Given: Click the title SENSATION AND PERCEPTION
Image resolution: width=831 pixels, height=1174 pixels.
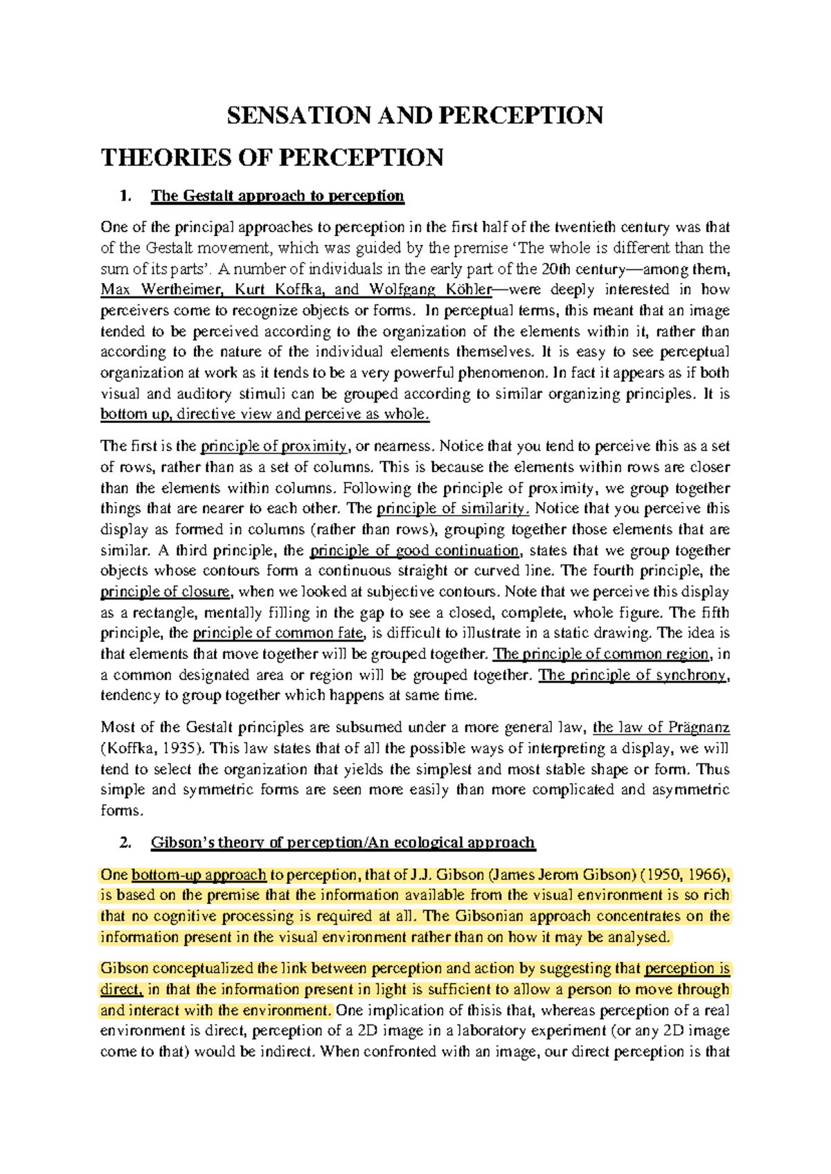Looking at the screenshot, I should pyautogui.click(x=415, y=115).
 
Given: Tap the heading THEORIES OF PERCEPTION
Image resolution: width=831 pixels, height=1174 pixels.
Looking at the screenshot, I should pyautogui.click(x=272, y=158).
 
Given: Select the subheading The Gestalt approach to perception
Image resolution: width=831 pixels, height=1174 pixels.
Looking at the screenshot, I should pyautogui.click(x=277, y=196).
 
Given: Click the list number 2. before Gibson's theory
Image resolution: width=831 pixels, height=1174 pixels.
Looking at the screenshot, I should pyautogui.click(x=125, y=842).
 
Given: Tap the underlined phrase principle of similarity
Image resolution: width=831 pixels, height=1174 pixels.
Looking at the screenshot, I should pyautogui.click(x=453, y=509).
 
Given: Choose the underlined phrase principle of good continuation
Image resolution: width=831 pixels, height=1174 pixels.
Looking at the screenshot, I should pyautogui.click(x=414, y=551).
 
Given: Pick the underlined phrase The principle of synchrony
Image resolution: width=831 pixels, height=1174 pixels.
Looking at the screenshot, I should pyautogui.click(x=633, y=675).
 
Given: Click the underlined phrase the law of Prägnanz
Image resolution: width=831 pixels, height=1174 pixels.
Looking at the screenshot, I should pyautogui.click(x=661, y=728).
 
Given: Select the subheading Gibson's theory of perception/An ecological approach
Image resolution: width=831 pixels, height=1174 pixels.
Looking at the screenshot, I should pyautogui.click(x=343, y=842).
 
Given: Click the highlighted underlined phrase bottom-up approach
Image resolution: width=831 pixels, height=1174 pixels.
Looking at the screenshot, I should pyautogui.click(x=199, y=875).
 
